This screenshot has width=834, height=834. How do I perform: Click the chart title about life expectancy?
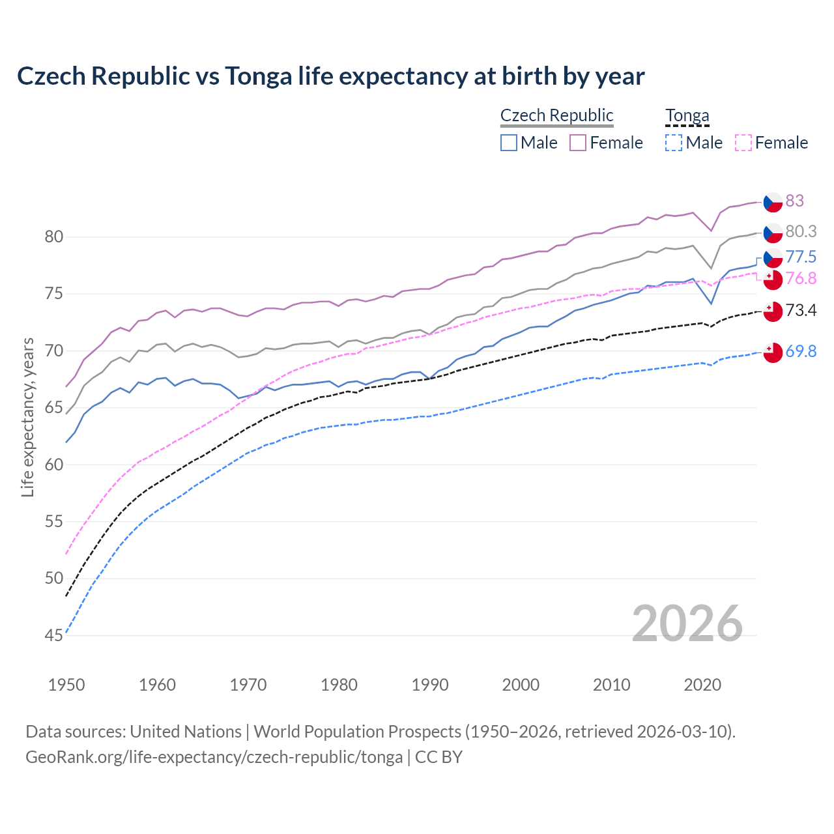330,76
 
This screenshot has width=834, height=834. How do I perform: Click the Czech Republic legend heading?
556,115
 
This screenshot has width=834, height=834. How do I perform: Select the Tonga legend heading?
687,115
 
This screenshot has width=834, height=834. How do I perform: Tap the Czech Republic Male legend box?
509,143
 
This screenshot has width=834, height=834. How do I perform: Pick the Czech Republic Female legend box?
578,143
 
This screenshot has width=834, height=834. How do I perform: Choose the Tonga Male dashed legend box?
674,143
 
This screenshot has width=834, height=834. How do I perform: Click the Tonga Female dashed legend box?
743,143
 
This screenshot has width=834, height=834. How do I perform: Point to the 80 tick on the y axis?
54,237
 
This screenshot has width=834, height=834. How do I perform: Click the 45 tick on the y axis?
54,635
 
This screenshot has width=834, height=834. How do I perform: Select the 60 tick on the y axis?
54,465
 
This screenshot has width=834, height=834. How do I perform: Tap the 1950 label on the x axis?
66,685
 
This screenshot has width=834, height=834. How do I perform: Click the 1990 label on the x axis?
430,685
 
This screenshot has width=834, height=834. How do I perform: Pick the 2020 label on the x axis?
702,685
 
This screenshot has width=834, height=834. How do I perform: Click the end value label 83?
794,201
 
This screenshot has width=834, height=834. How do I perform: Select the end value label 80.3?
801,231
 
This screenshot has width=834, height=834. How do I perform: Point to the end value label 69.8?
801,351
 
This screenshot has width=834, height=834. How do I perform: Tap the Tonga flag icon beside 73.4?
773,311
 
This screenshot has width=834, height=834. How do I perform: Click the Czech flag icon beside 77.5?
773,257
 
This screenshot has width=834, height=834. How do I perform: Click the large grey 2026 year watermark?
687,624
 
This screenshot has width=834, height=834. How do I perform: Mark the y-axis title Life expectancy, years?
27,417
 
